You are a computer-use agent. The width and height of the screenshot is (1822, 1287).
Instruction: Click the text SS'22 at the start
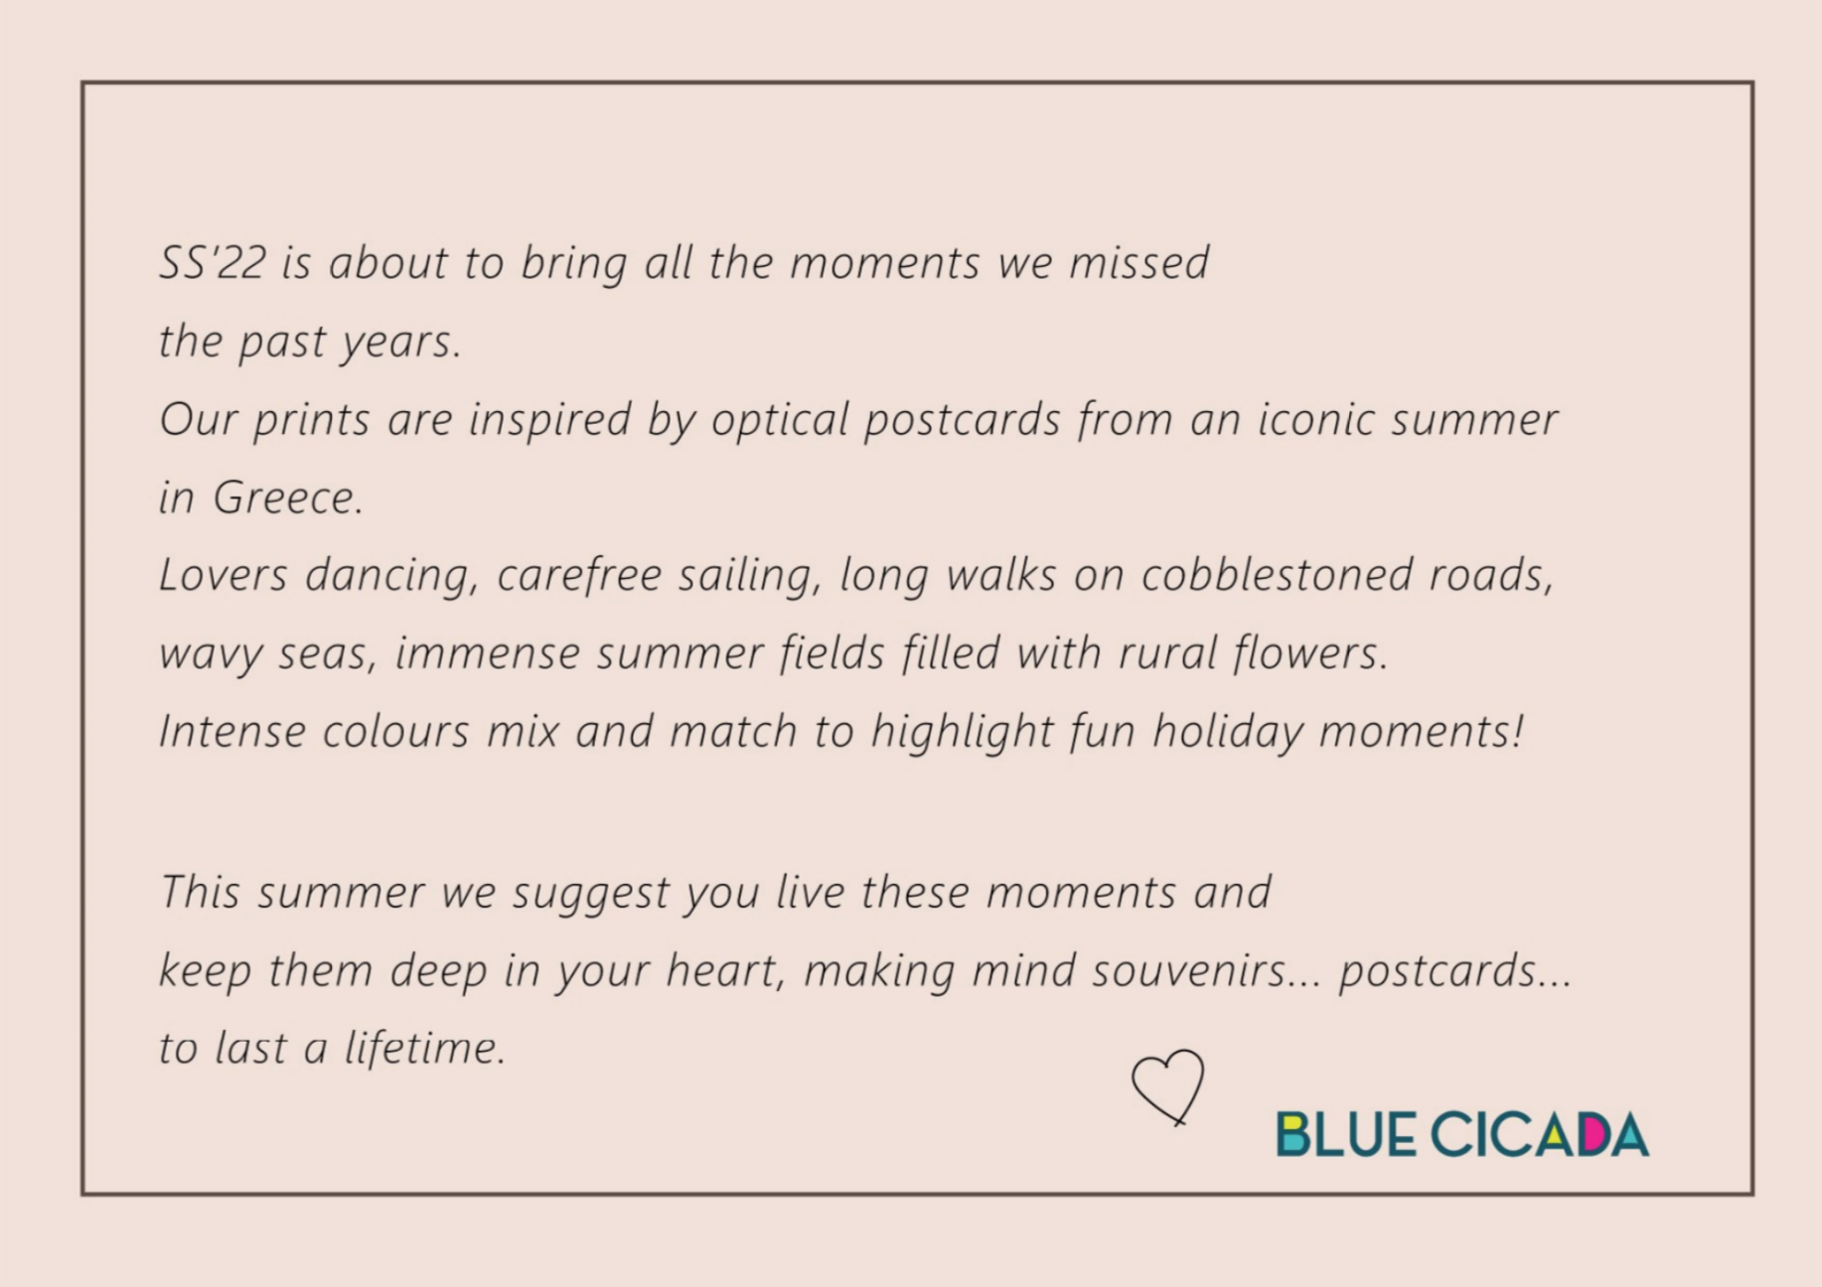213,262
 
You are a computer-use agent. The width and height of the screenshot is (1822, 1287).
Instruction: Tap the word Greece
287,497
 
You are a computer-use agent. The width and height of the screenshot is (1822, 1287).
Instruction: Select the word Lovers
224,575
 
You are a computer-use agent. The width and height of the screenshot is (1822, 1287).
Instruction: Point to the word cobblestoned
1277,575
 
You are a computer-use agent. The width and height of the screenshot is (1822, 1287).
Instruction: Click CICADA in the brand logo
1541,1135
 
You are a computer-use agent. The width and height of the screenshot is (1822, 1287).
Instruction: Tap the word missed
1139,262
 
